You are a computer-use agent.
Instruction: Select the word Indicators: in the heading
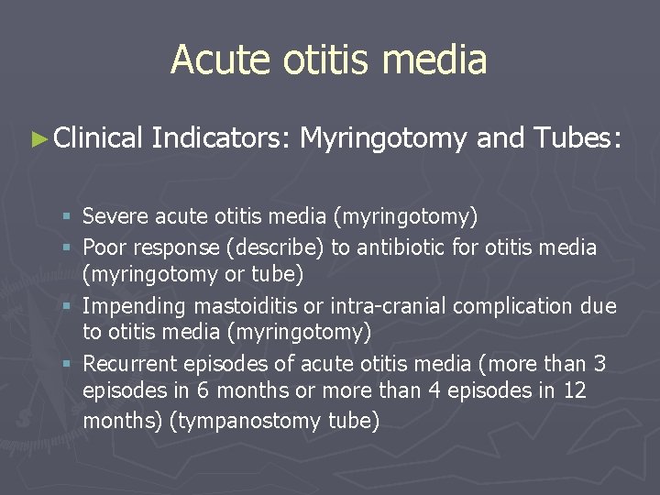[x=221, y=138]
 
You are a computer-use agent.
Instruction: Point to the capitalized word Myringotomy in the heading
[x=384, y=139]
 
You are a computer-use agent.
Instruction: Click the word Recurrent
[x=125, y=364]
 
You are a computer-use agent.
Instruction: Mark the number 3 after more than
[x=599, y=364]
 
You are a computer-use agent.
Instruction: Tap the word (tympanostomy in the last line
[x=183, y=422]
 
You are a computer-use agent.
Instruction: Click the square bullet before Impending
[x=69, y=306]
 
